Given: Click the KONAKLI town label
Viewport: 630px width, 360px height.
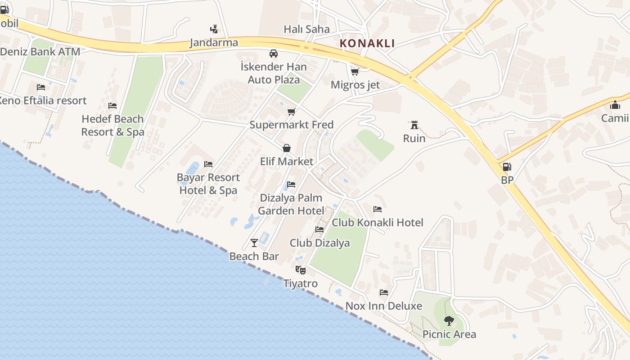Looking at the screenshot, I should (x=367, y=44).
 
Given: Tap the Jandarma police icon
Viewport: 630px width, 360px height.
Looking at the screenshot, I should (x=214, y=29).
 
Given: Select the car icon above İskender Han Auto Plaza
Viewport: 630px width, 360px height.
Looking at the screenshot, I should (x=273, y=54).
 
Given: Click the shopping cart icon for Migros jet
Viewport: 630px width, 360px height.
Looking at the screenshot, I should (x=355, y=72).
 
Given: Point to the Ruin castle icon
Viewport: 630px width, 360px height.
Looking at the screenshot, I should (x=414, y=125).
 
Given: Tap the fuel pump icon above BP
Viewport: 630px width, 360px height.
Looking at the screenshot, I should (x=507, y=167).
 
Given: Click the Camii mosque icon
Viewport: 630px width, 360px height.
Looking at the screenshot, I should (x=615, y=105).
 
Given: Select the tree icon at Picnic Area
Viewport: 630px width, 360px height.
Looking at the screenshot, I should (x=449, y=321).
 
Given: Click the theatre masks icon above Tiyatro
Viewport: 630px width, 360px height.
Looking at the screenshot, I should (x=300, y=270).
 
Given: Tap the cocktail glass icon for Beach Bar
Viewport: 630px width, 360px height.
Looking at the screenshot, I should (x=254, y=243).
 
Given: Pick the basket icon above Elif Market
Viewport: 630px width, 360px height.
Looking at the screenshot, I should (x=287, y=148).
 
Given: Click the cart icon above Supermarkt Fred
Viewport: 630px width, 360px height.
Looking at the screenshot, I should (x=291, y=112).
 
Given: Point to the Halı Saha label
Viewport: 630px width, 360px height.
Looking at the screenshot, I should (x=306, y=29).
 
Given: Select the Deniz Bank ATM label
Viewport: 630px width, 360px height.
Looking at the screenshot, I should (x=40, y=52).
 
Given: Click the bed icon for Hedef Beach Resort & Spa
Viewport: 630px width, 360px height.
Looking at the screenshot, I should (x=112, y=106).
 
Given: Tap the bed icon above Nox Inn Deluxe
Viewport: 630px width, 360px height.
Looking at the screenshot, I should (x=383, y=292).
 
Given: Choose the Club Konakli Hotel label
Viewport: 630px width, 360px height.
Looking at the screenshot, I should (x=377, y=223).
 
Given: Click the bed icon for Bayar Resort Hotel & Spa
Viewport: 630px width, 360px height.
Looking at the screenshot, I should (x=208, y=164).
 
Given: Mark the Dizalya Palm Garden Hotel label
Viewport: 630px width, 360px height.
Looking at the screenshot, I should (x=291, y=204).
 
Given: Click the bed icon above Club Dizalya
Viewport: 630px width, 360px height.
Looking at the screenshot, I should (x=319, y=229).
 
